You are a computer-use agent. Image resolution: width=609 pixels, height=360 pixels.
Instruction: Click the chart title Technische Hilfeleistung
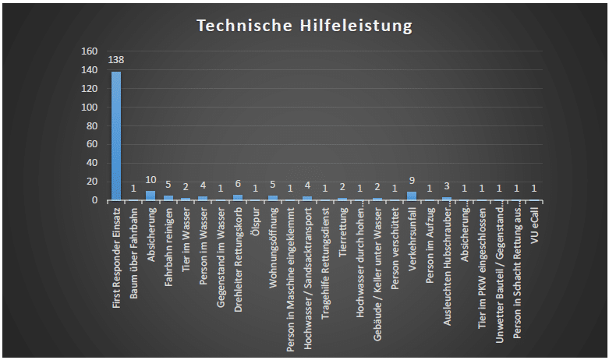click(x=304, y=26)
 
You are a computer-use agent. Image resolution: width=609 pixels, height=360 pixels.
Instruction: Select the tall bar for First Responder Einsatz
click(x=116, y=136)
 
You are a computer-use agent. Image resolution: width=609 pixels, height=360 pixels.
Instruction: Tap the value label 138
click(x=116, y=60)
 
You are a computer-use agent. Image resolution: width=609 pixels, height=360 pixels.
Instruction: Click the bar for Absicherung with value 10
click(x=150, y=195)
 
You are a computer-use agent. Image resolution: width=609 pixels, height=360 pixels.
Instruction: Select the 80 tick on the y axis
click(x=91, y=125)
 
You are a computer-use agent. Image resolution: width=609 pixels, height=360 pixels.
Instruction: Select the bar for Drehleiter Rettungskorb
click(x=238, y=197)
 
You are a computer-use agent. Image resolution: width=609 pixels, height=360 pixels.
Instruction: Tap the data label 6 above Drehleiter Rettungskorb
click(x=238, y=184)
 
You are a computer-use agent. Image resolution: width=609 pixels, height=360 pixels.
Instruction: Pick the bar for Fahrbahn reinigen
click(x=168, y=198)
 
